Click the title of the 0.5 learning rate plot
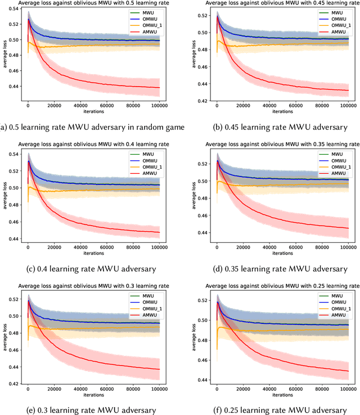point(93,4)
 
